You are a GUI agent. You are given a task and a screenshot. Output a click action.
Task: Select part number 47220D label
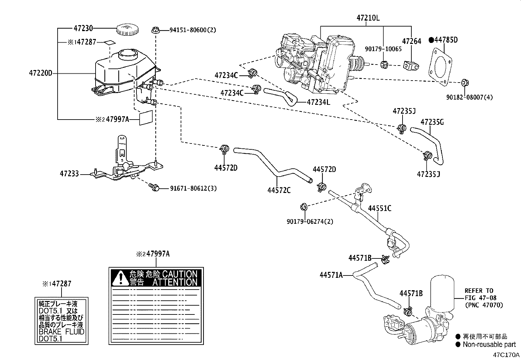point(40,73)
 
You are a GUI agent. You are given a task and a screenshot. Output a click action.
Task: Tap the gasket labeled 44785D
point(440,67)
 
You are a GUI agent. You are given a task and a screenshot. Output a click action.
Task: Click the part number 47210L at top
point(368,18)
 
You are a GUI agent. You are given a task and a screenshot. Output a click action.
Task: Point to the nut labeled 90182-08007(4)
point(464,82)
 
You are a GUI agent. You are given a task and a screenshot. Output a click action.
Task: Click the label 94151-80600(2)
point(193,30)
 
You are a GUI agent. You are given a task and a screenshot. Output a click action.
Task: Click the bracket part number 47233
point(69,174)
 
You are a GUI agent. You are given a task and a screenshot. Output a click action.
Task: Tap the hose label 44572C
point(278,190)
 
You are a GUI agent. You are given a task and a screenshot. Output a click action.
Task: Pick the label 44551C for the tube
point(380,208)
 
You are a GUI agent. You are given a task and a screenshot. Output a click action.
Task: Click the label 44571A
point(331,275)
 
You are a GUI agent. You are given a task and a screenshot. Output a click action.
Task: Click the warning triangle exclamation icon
point(120,278)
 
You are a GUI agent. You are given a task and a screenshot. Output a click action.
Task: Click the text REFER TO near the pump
point(479,291)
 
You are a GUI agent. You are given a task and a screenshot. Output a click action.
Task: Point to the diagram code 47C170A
point(506,355)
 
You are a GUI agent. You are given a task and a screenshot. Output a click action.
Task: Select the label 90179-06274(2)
point(309,221)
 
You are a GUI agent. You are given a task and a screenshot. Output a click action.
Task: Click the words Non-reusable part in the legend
point(489,344)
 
